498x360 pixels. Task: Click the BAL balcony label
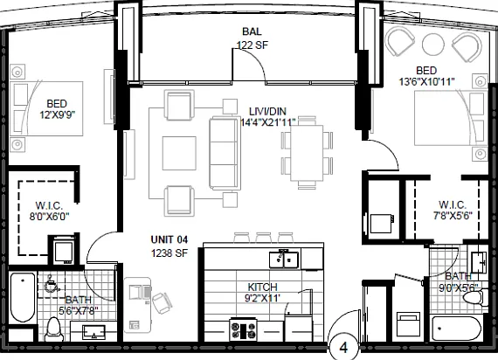(252, 31)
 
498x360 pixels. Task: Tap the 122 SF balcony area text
(252, 45)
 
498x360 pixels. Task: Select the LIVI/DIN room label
(267, 112)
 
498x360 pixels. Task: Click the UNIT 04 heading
(169, 239)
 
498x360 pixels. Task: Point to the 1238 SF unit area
(169, 253)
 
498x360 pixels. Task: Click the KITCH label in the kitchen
(262, 287)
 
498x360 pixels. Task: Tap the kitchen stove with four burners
(243, 329)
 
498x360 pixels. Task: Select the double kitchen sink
(284, 260)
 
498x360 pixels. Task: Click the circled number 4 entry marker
(343, 347)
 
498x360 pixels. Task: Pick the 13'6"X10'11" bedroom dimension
(426, 82)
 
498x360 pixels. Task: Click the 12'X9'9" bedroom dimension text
(57, 114)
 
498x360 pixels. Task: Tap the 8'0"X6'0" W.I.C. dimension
(49, 217)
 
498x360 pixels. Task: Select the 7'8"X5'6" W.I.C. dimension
(453, 216)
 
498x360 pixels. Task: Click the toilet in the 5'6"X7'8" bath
(53, 329)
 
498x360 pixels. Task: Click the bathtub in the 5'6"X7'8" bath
(23, 297)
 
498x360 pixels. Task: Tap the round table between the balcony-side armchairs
(432, 45)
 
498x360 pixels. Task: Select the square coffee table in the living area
(179, 153)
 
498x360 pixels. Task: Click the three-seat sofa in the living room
(224, 154)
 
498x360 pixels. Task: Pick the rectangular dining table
(308, 153)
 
